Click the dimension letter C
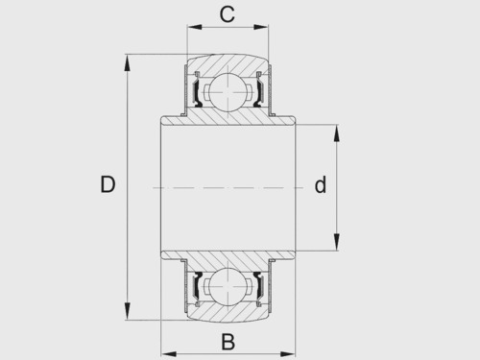(x=228, y=14)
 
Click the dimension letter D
(x=108, y=184)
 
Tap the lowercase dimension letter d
(x=321, y=184)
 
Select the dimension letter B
(x=228, y=342)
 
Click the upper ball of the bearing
(x=228, y=92)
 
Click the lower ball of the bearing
(x=228, y=283)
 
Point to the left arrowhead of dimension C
(x=195, y=27)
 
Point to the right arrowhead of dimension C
(x=261, y=27)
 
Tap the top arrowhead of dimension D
(x=128, y=63)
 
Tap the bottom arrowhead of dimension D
(x=128, y=310)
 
